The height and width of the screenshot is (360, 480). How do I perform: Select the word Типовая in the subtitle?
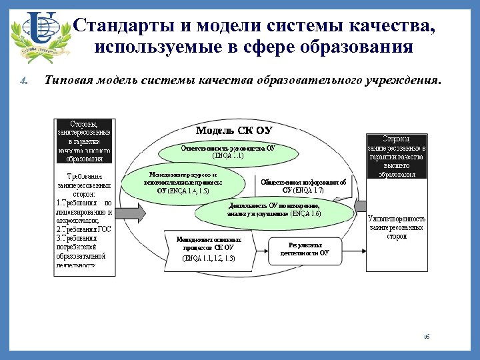click(x=68, y=81)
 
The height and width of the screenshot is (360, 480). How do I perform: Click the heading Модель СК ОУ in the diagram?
click(x=234, y=130)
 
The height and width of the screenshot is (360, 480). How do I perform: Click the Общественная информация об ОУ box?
click(x=303, y=185)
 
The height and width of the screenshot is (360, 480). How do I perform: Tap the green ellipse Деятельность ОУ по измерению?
click(x=274, y=210)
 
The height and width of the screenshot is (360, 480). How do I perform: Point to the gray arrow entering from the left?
click(x=133, y=213)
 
